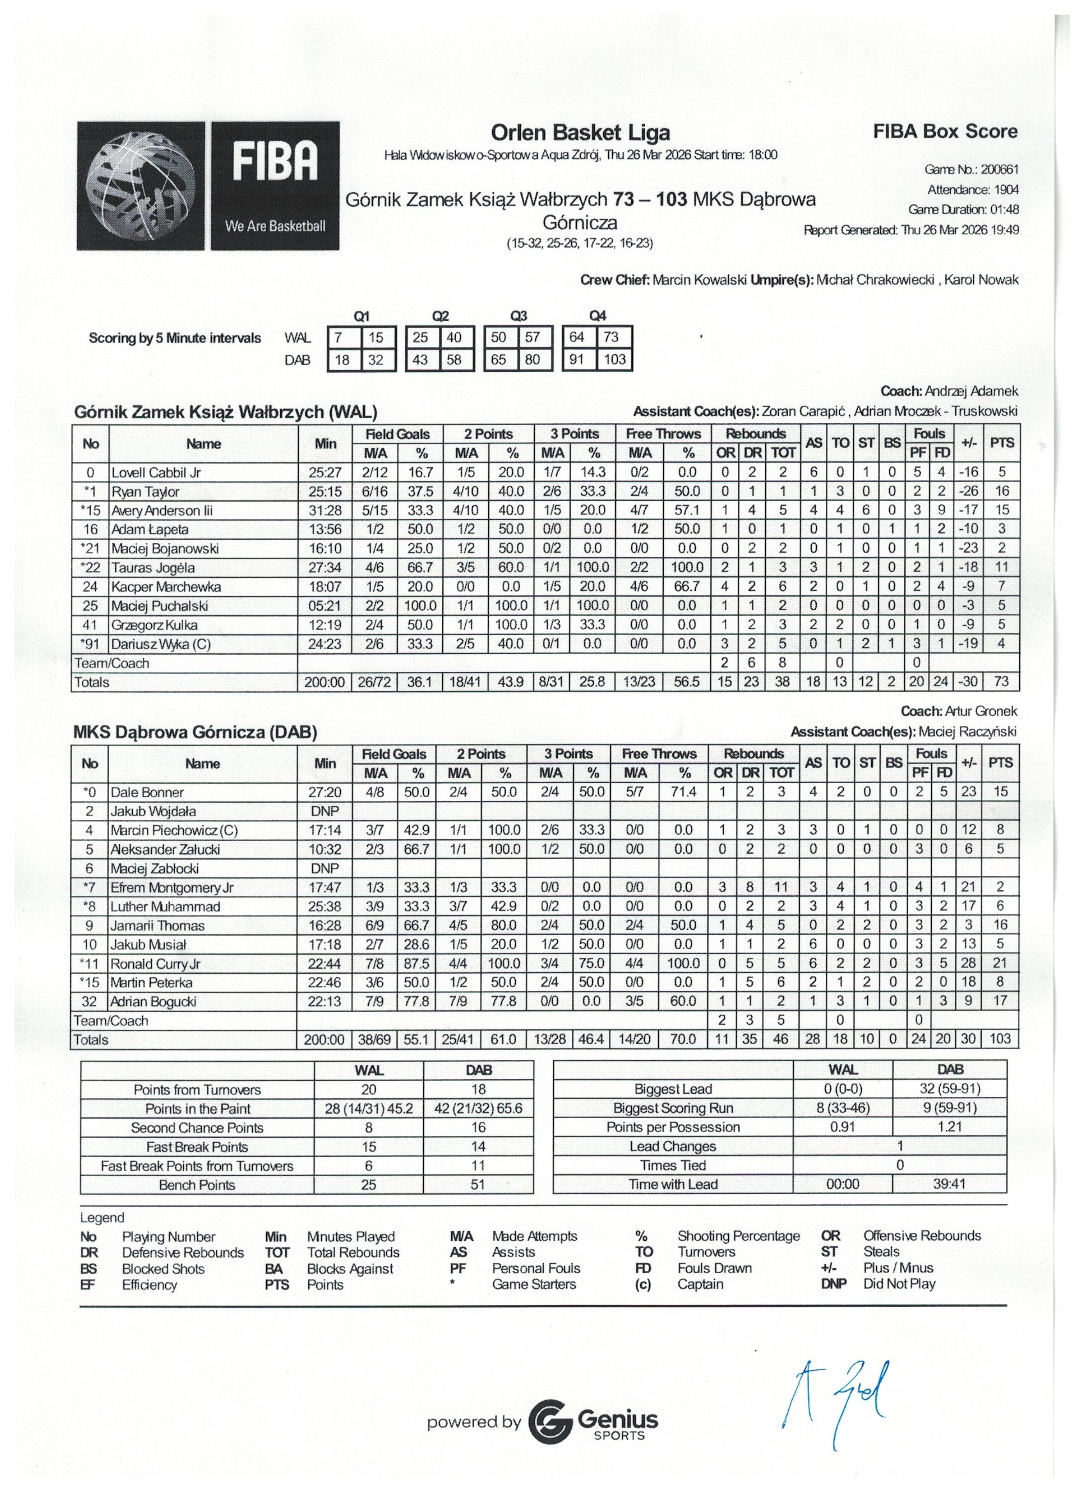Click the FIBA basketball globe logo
click(142, 186)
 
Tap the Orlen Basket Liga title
click(580, 133)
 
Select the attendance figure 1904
click(1006, 190)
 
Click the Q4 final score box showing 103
click(615, 360)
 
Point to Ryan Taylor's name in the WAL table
click(145, 491)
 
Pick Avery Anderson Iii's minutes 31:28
click(325, 511)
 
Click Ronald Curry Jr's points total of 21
click(1000, 963)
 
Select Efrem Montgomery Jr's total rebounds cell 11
click(781, 887)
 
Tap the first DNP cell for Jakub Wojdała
click(324, 811)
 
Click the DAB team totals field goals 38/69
click(374, 1040)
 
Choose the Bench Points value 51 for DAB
click(477, 1185)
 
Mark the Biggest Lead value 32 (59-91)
click(949, 1089)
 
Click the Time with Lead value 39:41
click(949, 1184)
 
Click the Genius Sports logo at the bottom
click(592, 1422)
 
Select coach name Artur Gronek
click(980, 711)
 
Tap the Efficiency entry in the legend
click(149, 1285)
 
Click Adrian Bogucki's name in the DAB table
click(153, 1002)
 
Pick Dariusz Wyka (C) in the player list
click(161, 644)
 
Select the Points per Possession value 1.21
click(949, 1127)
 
